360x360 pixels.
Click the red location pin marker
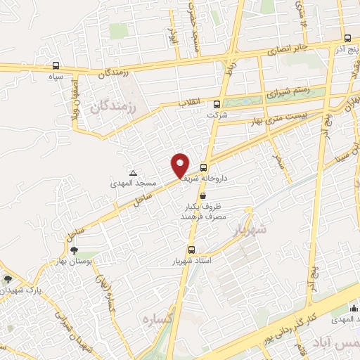[180, 165]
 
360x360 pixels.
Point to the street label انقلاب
[188, 103]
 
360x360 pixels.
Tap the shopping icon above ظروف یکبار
[203, 196]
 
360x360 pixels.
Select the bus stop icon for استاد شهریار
[191, 250]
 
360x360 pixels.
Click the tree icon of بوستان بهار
[74, 250]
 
